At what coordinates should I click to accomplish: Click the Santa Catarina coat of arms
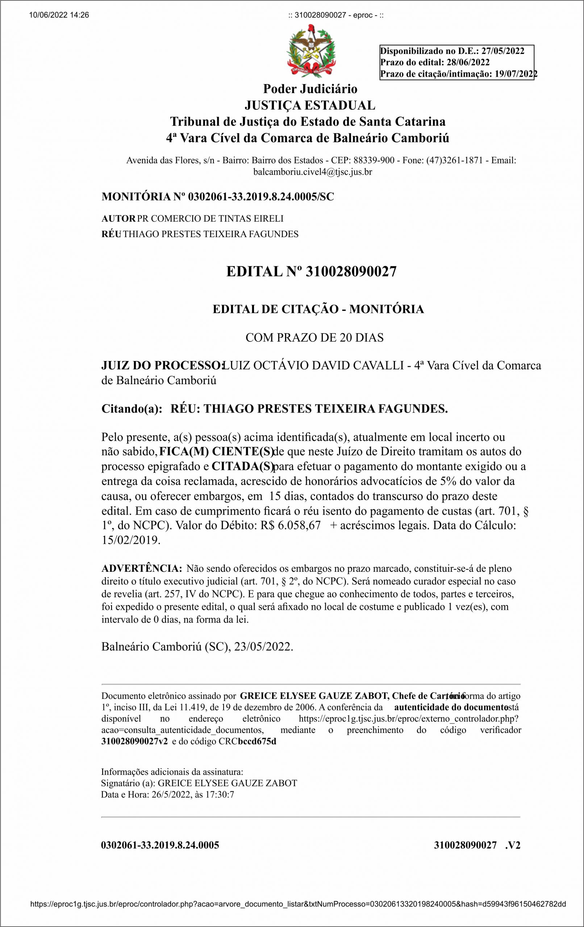311,50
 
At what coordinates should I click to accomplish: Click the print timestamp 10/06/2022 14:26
59,16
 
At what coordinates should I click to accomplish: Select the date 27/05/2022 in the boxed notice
503,51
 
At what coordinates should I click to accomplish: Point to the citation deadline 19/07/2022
516,74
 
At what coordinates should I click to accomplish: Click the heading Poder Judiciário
310,89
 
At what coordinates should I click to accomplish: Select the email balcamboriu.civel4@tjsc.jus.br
312,172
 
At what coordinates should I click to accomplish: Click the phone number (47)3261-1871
454,160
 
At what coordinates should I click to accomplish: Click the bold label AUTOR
118,219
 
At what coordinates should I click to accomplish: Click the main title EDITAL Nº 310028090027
311,272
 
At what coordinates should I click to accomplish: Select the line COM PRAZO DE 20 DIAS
314,337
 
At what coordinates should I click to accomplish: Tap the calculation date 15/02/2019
130,540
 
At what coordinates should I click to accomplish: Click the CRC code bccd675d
257,742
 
